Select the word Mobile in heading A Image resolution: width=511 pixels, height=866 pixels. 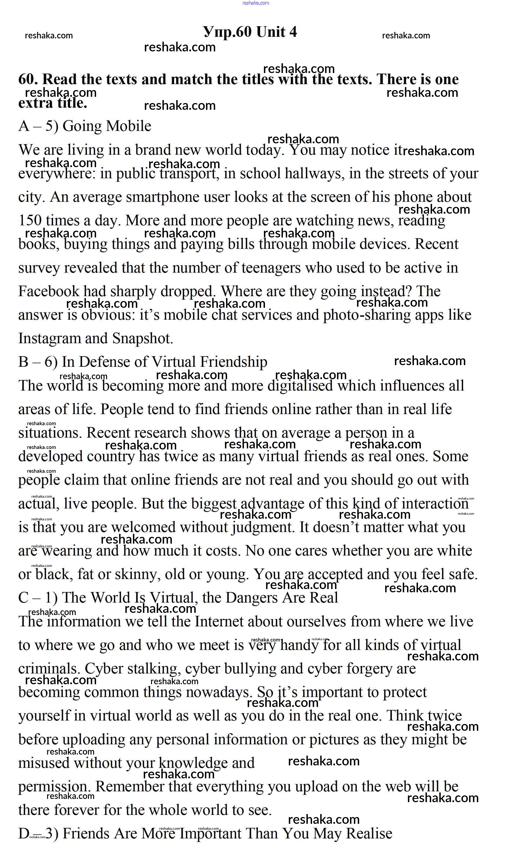click(129, 126)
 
